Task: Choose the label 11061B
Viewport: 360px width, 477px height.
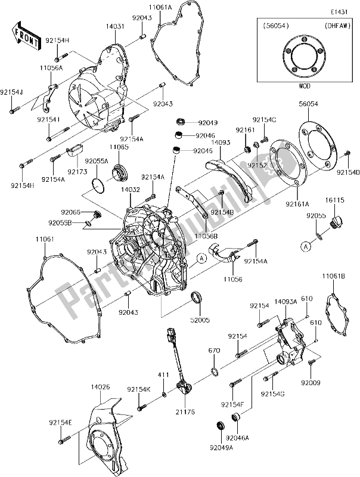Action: pyautogui.click(x=334, y=276)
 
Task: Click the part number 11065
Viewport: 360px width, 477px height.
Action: pyautogui.click(x=118, y=145)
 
